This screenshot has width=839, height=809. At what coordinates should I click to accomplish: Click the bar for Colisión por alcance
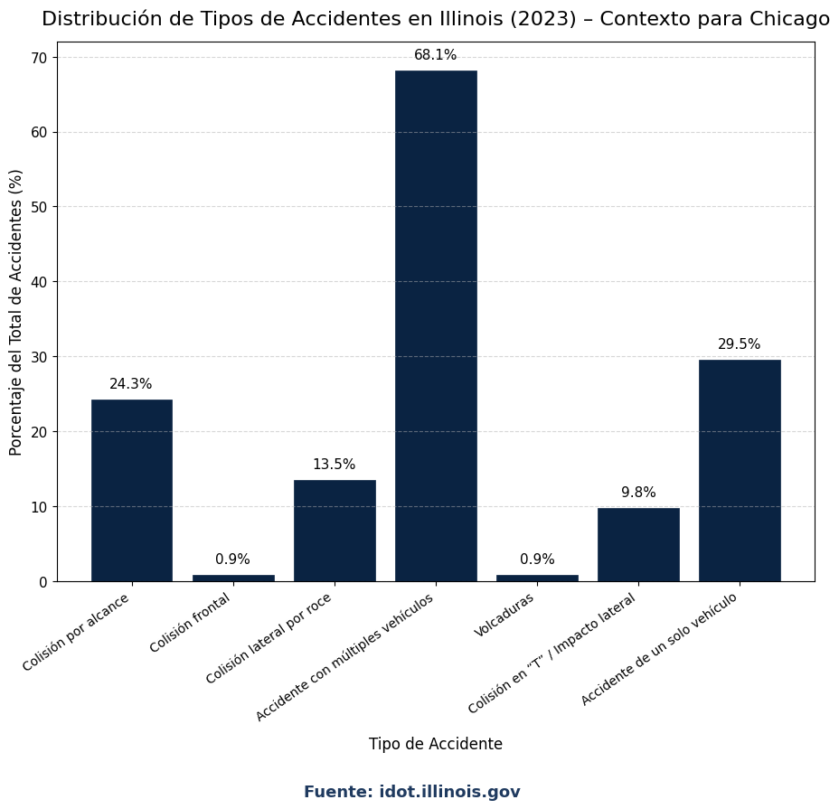[x=132, y=490]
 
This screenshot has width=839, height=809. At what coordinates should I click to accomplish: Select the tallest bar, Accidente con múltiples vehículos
[x=436, y=325]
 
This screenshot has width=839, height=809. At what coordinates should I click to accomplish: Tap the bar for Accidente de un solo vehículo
[x=740, y=470]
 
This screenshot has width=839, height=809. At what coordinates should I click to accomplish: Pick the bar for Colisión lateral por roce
[x=335, y=531]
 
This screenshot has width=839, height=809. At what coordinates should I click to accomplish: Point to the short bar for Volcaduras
[x=537, y=578]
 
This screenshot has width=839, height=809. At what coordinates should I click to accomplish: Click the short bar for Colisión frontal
[x=233, y=578]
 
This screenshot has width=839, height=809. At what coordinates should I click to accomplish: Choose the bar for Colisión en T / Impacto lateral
[x=638, y=544]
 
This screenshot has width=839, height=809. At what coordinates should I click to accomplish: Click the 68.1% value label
[x=436, y=55]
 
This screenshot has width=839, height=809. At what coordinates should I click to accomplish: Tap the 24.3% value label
[x=131, y=384]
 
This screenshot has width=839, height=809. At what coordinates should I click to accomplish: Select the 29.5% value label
[x=740, y=344]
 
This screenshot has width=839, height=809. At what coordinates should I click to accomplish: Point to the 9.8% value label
[x=638, y=493]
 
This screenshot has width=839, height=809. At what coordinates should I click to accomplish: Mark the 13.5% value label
[x=335, y=465]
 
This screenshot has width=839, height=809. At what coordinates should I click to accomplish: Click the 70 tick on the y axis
[x=40, y=58]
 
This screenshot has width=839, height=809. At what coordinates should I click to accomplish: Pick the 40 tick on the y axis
[x=40, y=282]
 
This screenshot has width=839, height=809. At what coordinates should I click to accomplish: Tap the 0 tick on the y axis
[x=43, y=582]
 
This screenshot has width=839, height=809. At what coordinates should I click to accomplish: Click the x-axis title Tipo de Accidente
[x=436, y=744]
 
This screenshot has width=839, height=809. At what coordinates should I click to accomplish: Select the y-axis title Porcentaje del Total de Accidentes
[x=16, y=312]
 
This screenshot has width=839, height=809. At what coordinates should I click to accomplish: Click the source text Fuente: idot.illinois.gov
[x=412, y=792]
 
